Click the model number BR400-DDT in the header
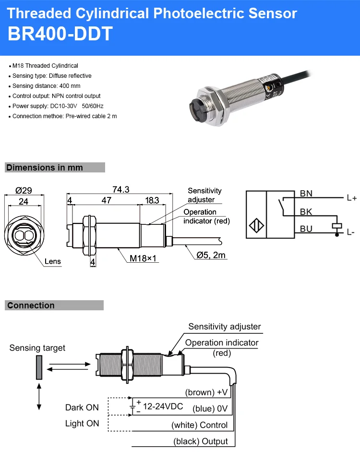60,34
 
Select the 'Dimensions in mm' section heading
45,168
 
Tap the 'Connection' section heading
31,305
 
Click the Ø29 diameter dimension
24,190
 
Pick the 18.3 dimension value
152,200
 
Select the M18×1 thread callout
144,258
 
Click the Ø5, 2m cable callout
211,255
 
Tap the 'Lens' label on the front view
53,262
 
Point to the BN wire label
306,194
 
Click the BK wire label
306,211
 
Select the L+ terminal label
351,197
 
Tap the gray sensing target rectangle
38,368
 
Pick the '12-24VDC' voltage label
163,406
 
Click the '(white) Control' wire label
200,425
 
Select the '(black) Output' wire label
201,441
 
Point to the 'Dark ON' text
82,407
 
